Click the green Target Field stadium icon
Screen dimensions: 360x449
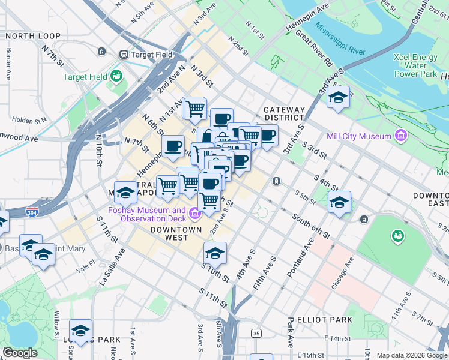(116, 76)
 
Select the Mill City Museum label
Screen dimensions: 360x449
(358, 136)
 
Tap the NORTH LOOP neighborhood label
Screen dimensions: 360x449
(33, 36)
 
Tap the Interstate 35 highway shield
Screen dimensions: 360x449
(256, 333)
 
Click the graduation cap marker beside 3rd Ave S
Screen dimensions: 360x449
(339, 98)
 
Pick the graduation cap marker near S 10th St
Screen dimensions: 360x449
(215, 253)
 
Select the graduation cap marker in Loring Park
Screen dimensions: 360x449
(80, 330)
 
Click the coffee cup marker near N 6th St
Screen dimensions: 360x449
(173, 146)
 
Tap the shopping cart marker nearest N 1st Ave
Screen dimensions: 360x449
(195, 109)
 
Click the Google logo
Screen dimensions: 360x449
(20, 353)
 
